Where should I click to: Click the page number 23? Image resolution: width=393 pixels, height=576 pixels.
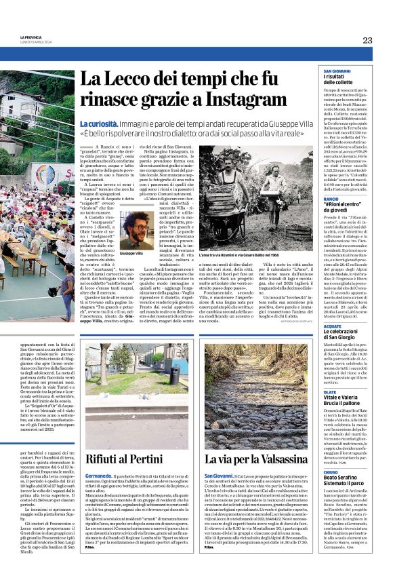pyautogui.click(x=367, y=40)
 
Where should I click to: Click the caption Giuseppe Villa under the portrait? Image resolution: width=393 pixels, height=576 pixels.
pyautogui.click(x=131, y=253)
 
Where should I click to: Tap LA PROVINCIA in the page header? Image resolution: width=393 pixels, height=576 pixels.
pyautogui.click(x=31, y=37)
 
